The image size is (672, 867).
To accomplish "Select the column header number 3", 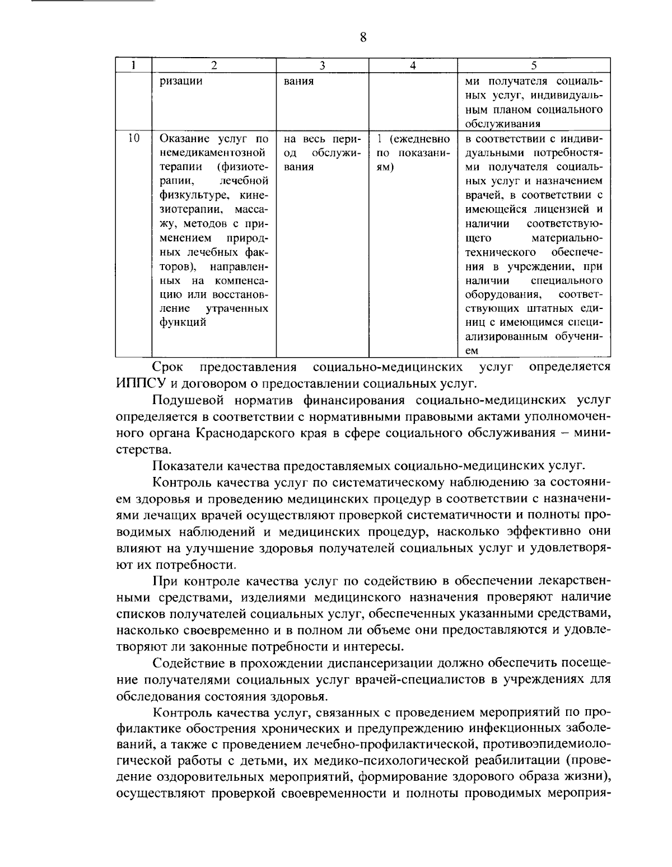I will [323, 65].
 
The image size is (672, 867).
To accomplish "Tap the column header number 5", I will [534, 65].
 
